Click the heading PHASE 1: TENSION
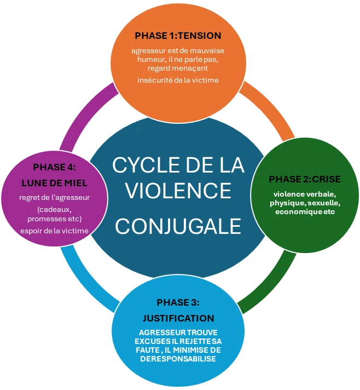[178, 36]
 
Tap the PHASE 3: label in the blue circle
[178, 302]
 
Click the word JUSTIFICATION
[178, 318]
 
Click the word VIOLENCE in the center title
[178, 190]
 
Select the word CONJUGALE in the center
[178, 225]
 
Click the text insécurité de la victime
[178, 81]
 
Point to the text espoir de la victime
[54, 230]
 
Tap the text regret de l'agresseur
[54, 197]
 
